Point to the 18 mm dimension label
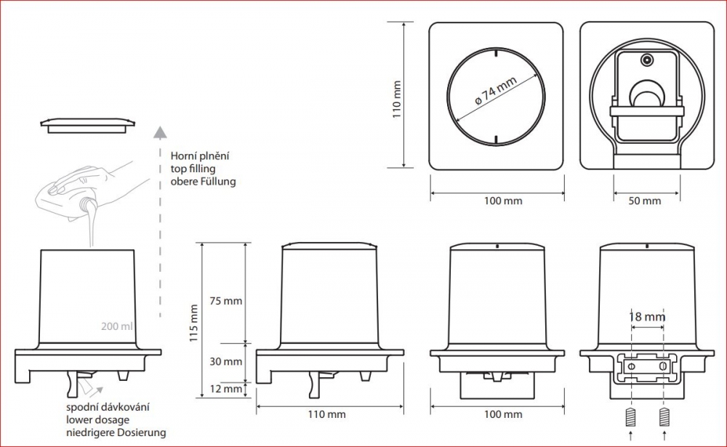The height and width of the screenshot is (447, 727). [647, 317]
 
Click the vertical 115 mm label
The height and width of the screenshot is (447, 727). [193, 320]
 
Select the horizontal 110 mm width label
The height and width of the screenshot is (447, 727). [326, 415]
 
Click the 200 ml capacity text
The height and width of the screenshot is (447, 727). [117, 326]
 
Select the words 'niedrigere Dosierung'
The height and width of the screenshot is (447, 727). [116, 432]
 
